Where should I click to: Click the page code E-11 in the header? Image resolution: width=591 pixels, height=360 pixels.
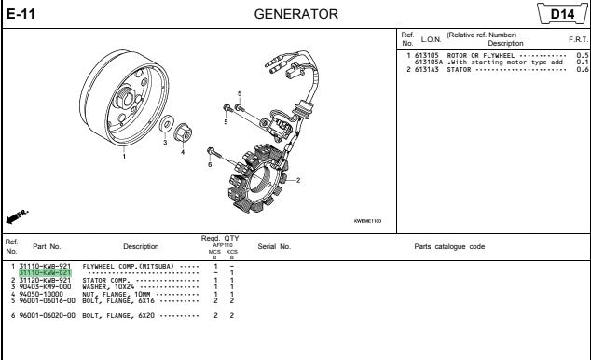click(x=21, y=13)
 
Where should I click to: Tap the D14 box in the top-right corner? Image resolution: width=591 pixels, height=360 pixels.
click(x=561, y=13)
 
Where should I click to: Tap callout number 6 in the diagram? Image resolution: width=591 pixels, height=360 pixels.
click(x=210, y=165)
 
